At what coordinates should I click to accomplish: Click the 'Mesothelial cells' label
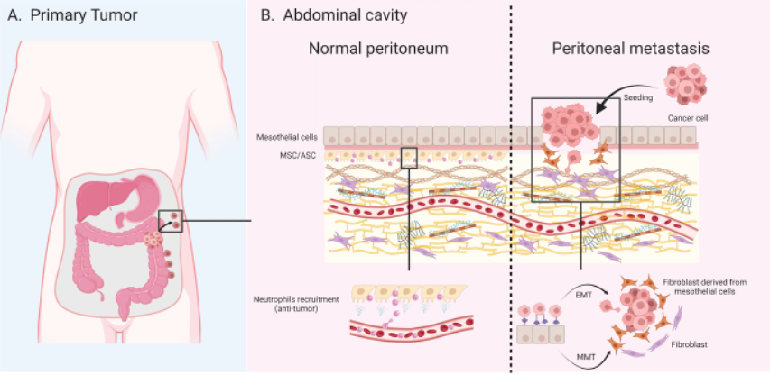point(288,136)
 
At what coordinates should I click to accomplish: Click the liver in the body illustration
point(104,199)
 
